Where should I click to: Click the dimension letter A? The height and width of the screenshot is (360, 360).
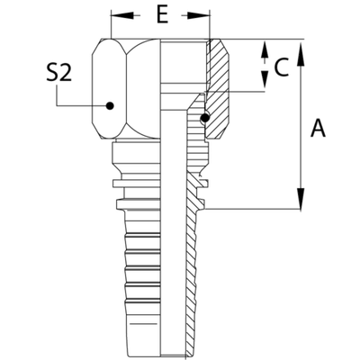317,130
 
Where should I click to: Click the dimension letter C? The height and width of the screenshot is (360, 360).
282,66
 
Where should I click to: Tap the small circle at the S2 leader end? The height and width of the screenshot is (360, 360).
110,105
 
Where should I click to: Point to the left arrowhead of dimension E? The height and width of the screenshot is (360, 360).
115,16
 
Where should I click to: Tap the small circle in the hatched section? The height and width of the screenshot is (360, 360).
205,118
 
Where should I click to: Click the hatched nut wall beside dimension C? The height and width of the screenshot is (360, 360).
220,67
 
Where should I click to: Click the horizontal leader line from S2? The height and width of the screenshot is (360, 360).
81,105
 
